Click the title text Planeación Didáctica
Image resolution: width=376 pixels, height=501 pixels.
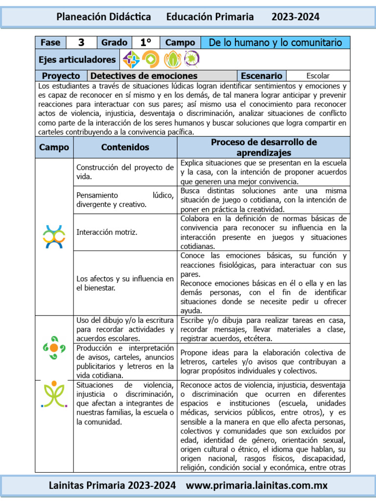click(x=104, y=17)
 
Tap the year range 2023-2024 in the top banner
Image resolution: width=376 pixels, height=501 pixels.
click(x=295, y=17)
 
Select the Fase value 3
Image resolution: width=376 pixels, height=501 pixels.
click(x=81, y=43)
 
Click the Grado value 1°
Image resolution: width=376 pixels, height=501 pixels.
click(x=145, y=43)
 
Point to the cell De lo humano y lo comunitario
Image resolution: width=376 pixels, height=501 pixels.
click(x=275, y=43)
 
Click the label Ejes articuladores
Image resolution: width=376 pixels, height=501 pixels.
click(x=77, y=60)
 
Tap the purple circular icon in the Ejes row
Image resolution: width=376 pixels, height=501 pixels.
click(x=191, y=59)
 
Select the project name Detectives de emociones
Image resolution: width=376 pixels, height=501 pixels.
click(x=144, y=76)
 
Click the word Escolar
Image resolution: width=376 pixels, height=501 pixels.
click(x=318, y=76)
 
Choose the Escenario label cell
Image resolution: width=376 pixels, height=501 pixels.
click(x=261, y=76)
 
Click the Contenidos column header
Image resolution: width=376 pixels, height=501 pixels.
click(x=125, y=147)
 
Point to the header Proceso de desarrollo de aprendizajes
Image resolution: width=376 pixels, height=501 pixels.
click(x=263, y=147)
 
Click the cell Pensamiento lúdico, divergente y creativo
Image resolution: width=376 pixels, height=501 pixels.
click(x=125, y=200)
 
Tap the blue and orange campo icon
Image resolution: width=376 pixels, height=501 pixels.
click(x=54, y=236)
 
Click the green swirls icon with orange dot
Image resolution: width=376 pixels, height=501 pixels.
click(x=54, y=347)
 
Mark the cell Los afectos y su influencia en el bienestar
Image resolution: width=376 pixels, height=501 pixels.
click(x=125, y=283)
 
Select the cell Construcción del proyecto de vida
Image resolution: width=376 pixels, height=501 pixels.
click(x=125, y=172)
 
